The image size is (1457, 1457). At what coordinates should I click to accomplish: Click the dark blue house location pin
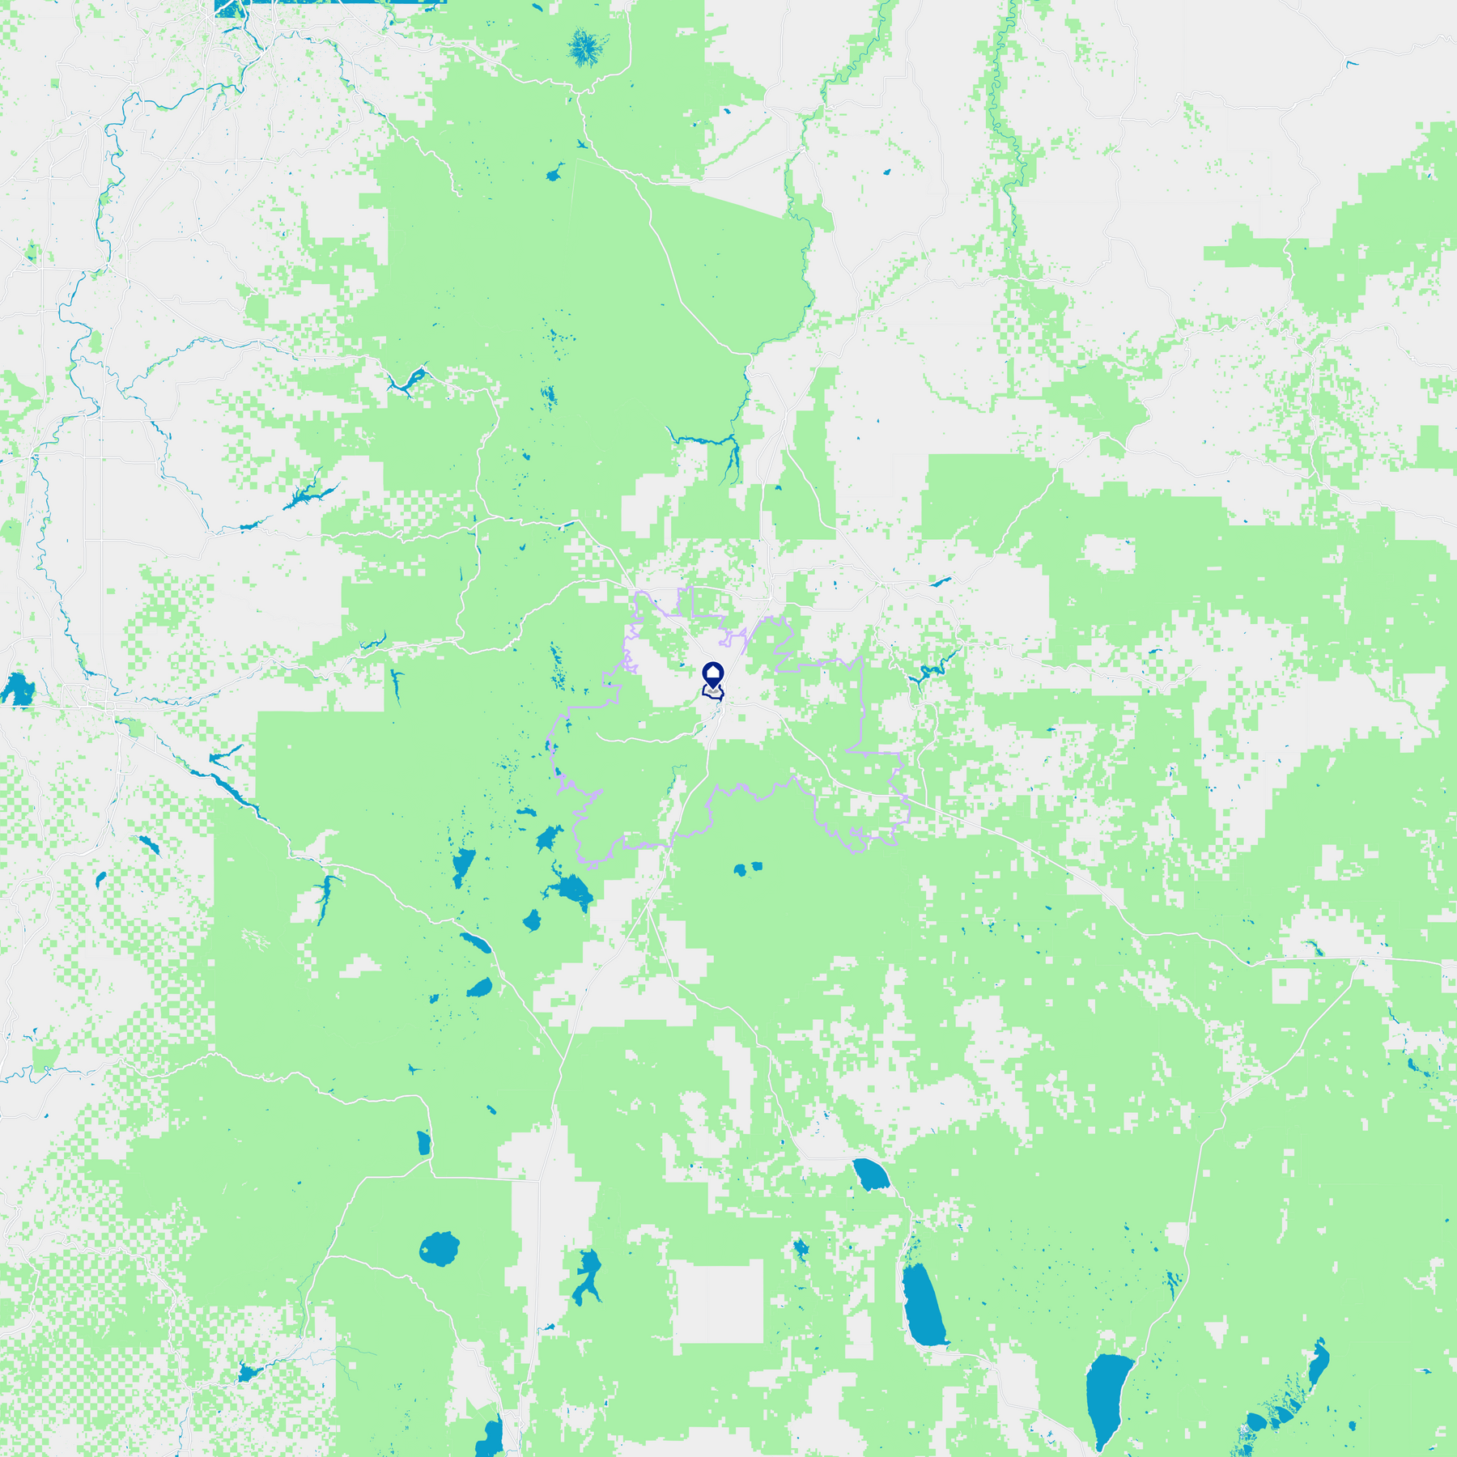[712, 674]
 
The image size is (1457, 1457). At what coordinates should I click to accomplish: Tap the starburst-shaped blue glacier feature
[585, 46]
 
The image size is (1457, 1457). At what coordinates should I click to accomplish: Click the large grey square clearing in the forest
[719, 1302]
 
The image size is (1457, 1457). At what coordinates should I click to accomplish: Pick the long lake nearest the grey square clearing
[924, 1306]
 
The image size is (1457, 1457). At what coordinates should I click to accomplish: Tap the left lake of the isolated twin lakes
[739, 870]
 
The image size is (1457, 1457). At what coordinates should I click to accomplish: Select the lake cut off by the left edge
[16, 690]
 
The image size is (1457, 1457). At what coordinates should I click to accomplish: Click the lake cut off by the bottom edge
[491, 1439]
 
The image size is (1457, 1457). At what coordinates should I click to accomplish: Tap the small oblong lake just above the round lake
[423, 1143]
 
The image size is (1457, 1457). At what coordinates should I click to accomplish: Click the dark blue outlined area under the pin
[712, 693]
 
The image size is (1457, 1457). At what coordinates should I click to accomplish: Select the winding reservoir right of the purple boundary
[931, 669]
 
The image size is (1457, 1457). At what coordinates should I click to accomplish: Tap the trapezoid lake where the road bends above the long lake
[870, 1174]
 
